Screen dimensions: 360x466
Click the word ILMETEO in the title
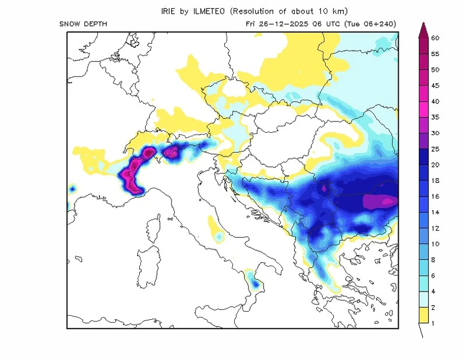[213, 11]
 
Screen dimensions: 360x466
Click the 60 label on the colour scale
[436, 38]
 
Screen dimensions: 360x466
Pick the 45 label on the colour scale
[436, 86]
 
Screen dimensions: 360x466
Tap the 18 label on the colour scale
[436, 181]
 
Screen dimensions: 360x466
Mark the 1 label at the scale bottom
[434, 323]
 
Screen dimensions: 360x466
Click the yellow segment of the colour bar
[423, 315]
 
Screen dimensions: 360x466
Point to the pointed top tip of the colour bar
[423, 25]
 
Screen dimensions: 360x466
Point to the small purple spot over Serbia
[324, 188]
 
